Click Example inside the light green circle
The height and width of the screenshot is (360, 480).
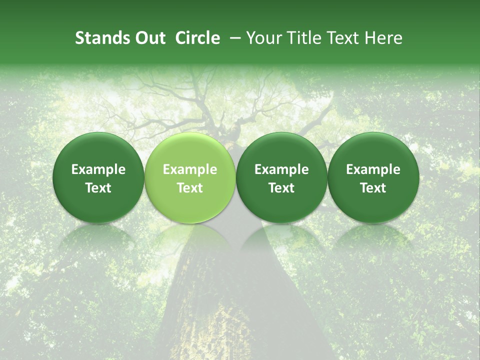pos(190,169)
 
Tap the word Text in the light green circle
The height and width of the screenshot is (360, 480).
pos(190,188)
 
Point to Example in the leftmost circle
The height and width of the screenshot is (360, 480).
pos(98,169)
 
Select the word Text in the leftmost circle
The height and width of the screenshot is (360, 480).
pos(98,188)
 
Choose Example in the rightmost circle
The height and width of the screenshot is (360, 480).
pos(373,169)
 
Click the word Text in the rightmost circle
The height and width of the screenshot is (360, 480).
pos(373,188)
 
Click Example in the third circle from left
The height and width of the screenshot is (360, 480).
pos(281,169)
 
